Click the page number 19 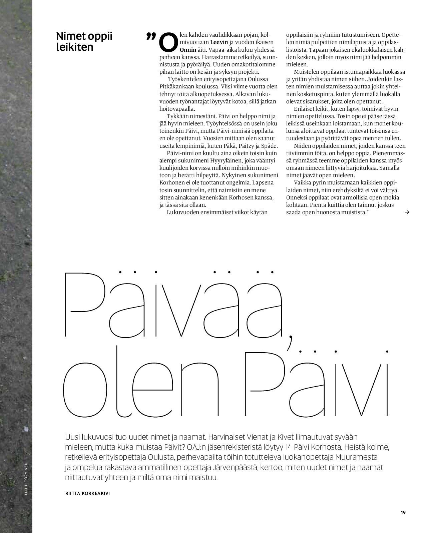(403, 512)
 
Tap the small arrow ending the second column (407, 212)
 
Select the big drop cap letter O (168, 42)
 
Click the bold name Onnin (188, 50)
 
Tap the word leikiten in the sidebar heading (75, 47)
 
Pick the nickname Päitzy (245, 146)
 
